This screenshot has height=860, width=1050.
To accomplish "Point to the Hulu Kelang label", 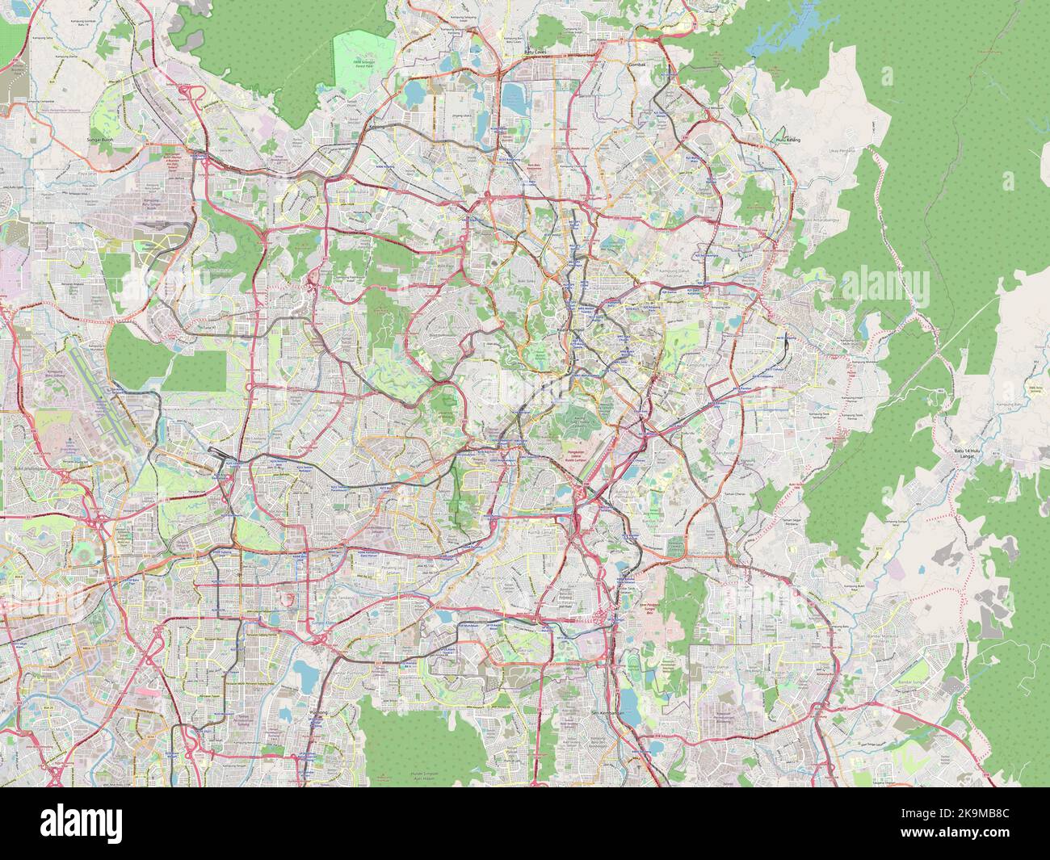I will pyautogui.click(x=787, y=140).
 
